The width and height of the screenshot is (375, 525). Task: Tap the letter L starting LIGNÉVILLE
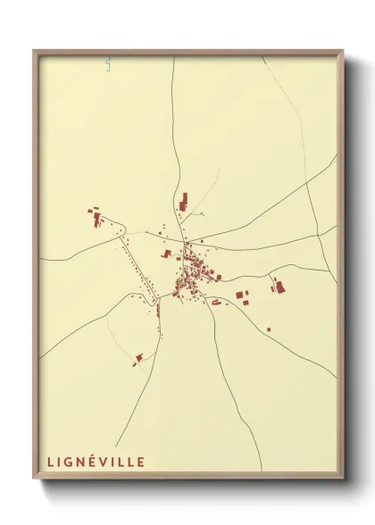[x=50, y=462]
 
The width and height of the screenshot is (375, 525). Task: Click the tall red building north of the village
[x=184, y=201]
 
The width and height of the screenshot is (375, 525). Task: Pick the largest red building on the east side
[x=279, y=287]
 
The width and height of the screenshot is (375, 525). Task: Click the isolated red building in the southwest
[x=138, y=358]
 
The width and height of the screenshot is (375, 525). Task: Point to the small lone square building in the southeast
[x=268, y=329]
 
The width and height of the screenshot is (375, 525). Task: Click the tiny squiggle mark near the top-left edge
[x=106, y=62]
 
